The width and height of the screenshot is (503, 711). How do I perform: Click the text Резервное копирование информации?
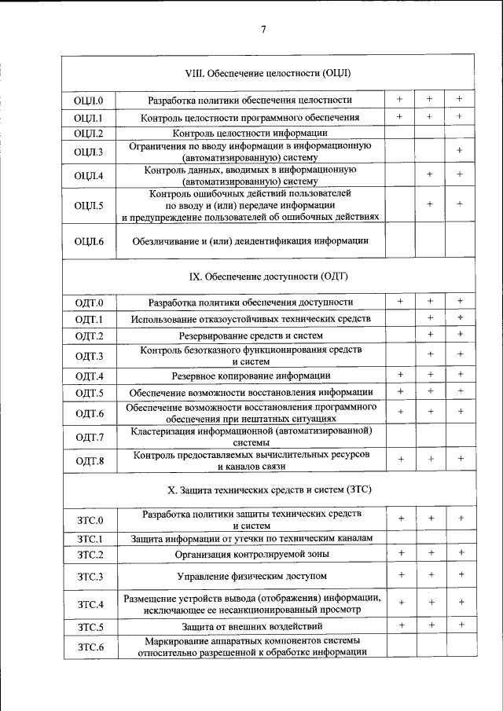point(251,376)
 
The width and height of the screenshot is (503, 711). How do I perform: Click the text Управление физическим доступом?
point(251,577)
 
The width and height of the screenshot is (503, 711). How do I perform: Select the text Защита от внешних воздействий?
point(251,626)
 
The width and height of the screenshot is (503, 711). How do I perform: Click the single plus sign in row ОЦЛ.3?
point(459,150)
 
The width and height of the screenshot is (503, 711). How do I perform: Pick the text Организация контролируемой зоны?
point(251,555)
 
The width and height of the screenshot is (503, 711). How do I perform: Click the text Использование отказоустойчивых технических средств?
point(251,319)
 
